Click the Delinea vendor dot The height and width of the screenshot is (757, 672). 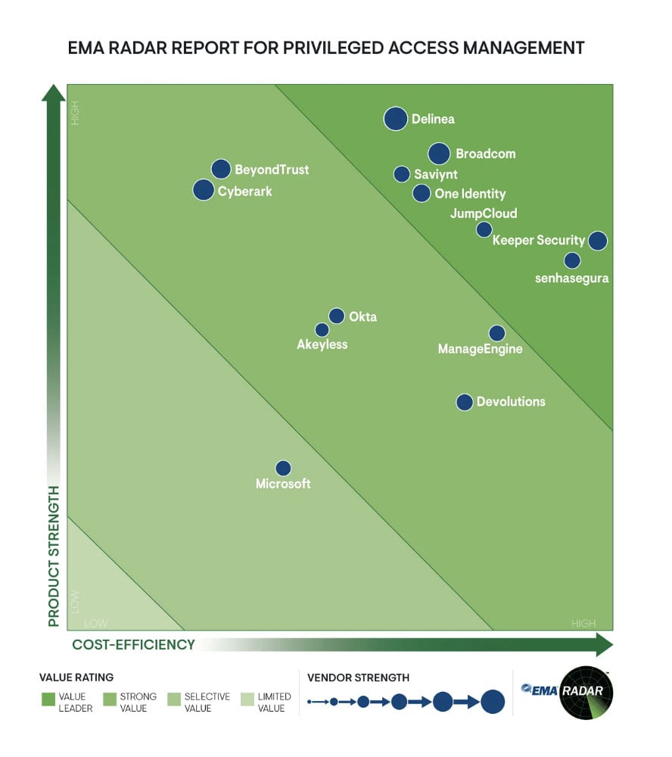pyautogui.click(x=395, y=119)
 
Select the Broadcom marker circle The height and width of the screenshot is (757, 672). pyautogui.click(x=439, y=154)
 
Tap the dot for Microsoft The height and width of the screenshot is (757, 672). pyautogui.click(x=283, y=469)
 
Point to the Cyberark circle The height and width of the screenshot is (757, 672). pyautogui.click(x=204, y=190)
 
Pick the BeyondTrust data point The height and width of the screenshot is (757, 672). pyautogui.click(x=220, y=169)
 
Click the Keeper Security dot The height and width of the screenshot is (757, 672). pyautogui.click(x=597, y=241)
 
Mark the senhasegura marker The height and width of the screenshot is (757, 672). pyautogui.click(x=572, y=260)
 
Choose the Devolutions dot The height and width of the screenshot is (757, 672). pyautogui.click(x=465, y=402)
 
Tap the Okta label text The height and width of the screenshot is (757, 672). pyautogui.click(x=362, y=316)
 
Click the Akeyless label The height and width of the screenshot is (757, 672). pyautogui.click(x=322, y=344)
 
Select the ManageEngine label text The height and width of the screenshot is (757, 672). pyautogui.click(x=481, y=349)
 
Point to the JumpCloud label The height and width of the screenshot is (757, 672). pyautogui.click(x=484, y=213)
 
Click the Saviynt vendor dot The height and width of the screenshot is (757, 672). pyautogui.click(x=402, y=174)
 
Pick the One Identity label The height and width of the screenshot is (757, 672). pyautogui.click(x=470, y=194)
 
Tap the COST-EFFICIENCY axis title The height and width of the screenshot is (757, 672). pyautogui.click(x=134, y=645)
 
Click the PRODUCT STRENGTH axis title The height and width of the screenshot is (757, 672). pyautogui.click(x=54, y=556)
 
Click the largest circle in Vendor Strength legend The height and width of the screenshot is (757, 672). pyautogui.click(x=493, y=702)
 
